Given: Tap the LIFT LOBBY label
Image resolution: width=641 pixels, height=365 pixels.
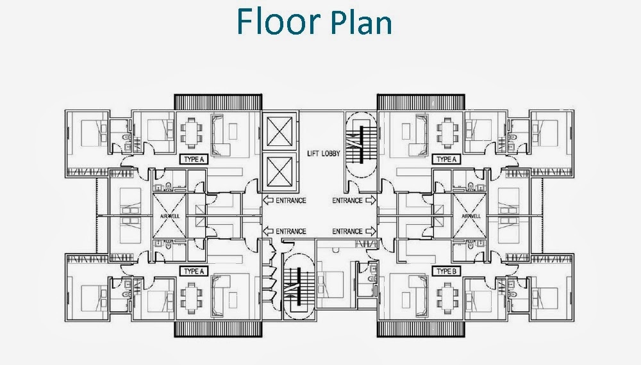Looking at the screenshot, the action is point(324,154).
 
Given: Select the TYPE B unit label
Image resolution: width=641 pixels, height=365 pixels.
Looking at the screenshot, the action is point(446,271).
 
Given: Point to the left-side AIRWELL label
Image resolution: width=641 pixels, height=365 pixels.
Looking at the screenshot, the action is point(169,216).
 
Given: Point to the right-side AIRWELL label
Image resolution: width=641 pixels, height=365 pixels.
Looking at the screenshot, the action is point(471,216).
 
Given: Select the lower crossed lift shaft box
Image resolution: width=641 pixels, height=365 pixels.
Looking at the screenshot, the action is point(279,172).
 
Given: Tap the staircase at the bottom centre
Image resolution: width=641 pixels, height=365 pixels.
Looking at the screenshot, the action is point(299,288).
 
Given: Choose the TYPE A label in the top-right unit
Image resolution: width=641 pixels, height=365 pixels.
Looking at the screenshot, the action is point(446,159).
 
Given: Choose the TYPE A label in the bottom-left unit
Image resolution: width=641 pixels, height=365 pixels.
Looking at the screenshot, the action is point(194,271).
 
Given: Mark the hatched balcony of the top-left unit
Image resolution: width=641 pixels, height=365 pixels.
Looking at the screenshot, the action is point(218,101).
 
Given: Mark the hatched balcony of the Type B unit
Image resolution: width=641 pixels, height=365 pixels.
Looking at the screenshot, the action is point(420,328).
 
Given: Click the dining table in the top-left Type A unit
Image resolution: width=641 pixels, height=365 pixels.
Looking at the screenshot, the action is point(191,132).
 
